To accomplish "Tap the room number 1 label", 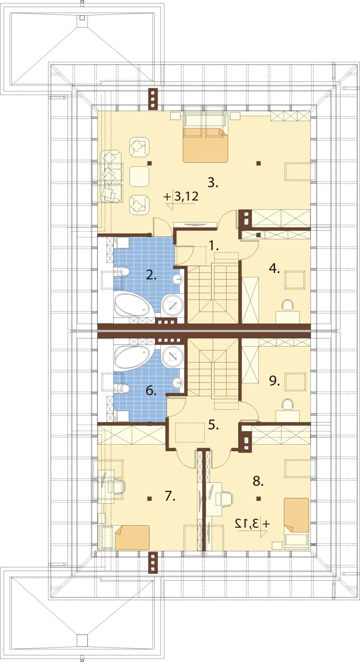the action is [x=213, y=246].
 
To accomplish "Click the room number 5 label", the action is [x=213, y=425].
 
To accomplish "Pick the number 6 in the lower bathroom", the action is [x=151, y=390].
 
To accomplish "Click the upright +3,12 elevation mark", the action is [x=181, y=197].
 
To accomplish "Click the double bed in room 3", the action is [x=205, y=138].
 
